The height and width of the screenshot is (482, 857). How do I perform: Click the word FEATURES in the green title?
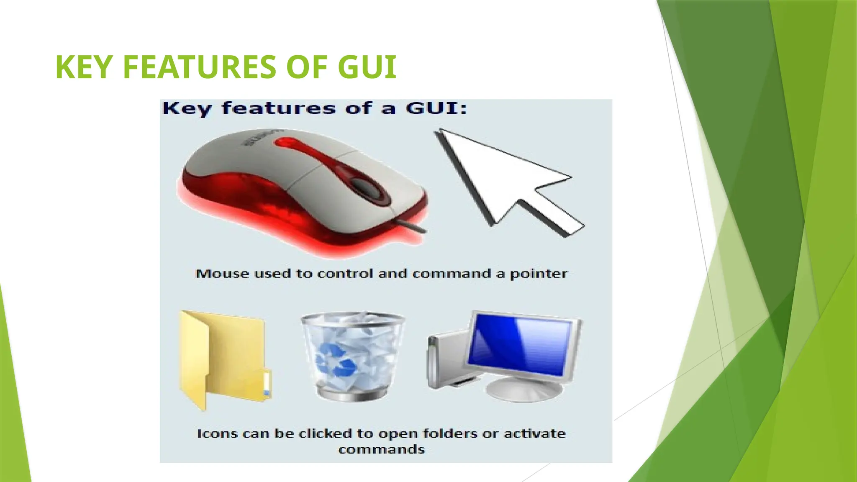[200, 67]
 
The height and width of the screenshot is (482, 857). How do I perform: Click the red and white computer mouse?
[301, 188]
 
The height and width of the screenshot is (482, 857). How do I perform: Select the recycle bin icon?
[352, 356]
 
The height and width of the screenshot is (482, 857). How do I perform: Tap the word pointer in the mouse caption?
[539, 274]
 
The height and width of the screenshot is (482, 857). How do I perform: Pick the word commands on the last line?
[382, 450]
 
